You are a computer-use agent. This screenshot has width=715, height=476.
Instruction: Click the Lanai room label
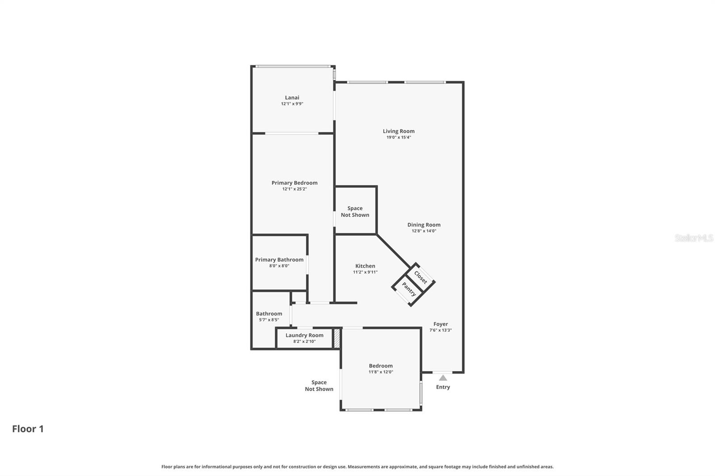coord(292,98)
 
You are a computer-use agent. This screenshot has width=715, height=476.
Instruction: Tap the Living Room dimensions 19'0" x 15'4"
coord(398,138)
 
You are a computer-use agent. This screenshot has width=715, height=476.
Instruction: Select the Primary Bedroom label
coord(294,183)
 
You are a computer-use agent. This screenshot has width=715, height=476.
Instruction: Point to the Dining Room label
coord(424,225)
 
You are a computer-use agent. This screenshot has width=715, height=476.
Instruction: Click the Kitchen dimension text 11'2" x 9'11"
coord(365,272)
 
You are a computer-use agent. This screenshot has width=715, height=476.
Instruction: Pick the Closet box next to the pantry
coord(421,277)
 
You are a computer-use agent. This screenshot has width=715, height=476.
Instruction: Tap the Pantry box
coord(409,289)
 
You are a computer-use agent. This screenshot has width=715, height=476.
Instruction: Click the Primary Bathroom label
coord(279,260)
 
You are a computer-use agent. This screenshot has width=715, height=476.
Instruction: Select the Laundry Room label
coord(304,335)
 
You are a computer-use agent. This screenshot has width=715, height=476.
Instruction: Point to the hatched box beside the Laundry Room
coord(337,338)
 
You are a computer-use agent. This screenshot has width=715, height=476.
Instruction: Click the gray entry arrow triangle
coord(442,378)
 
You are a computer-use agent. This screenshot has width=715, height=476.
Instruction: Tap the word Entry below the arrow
coord(443,387)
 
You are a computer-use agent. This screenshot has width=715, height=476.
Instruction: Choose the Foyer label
coord(440,324)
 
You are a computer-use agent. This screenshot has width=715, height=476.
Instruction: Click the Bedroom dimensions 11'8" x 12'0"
coord(381,372)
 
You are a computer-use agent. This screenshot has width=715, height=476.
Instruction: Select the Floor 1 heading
coord(28,429)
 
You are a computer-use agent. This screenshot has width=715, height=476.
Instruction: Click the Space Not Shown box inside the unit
coord(355,211)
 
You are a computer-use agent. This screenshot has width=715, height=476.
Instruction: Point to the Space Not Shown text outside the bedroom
coord(319,386)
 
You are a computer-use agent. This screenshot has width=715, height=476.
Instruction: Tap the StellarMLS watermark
coord(694,238)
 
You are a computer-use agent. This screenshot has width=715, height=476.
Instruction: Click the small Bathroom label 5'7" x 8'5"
coord(269,320)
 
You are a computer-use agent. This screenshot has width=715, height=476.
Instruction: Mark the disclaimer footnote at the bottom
coord(357,467)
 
